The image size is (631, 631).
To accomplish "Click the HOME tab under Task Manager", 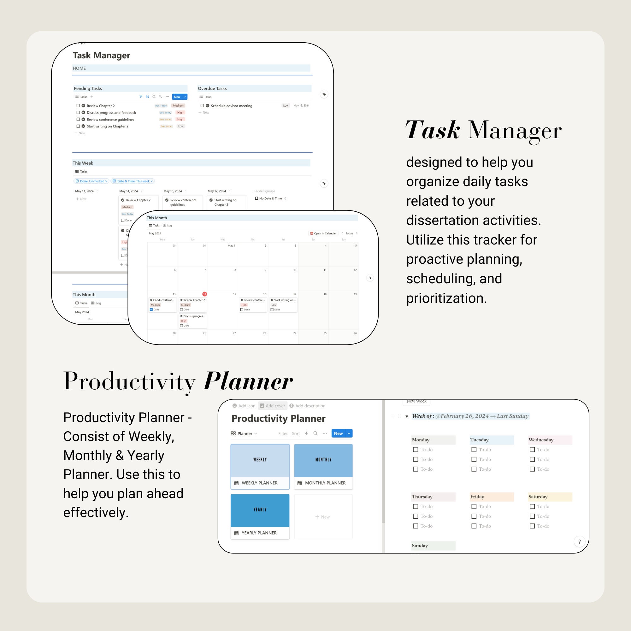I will (80, 68).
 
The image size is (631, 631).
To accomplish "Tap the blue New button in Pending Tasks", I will (177, 97).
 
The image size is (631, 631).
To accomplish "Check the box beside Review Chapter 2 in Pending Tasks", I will (78, 105).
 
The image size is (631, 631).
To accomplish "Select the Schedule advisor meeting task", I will (231, 106).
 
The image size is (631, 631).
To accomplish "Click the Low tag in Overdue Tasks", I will (286, 105).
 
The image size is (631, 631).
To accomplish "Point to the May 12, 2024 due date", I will (301, 105).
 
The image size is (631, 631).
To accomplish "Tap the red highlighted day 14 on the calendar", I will (204, 294).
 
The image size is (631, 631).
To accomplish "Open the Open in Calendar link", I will (323, 233).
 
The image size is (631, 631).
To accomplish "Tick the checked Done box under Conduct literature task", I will (151, 310).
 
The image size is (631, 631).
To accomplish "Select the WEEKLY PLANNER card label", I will (259, 483).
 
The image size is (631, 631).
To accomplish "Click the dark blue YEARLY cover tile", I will (260, 510).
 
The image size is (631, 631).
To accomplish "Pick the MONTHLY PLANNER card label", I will (325, 483).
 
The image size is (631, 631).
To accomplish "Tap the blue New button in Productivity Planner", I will (338, 433).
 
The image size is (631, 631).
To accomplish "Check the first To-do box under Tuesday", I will (474, 450).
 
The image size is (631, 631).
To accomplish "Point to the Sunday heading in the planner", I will (420, 546).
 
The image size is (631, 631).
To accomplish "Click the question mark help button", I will (579, 542).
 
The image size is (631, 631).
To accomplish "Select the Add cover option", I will (273, 406).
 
